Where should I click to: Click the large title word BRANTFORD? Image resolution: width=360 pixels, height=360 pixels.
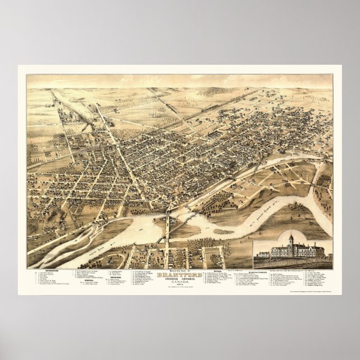[x=180, y=274]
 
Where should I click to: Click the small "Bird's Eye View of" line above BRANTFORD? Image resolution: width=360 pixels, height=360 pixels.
[x=180, y=270]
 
